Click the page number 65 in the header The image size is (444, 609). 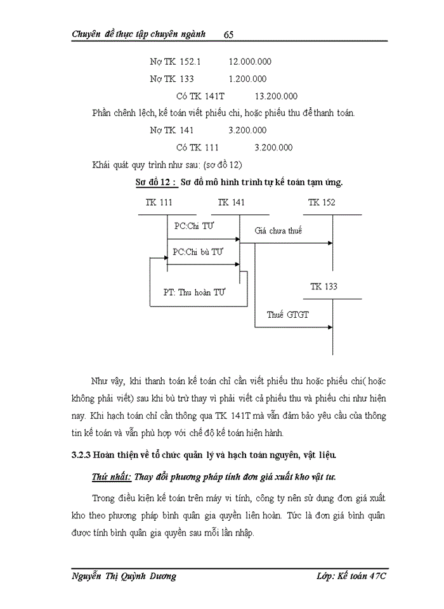230,34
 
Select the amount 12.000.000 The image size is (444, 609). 250,62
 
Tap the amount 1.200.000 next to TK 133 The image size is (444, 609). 247,79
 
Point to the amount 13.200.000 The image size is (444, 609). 276,96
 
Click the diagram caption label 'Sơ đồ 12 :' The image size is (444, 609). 155,183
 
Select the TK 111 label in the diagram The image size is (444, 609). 159,203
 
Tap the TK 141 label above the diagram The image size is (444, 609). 231,203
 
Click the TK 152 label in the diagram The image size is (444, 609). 322,203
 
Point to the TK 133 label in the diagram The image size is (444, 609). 323,287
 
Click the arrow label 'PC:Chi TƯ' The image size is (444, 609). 194,226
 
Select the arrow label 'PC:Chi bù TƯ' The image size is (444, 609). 199,252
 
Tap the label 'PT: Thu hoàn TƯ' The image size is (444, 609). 195,292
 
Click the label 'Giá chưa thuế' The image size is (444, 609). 278,231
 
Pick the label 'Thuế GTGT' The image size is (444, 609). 288,315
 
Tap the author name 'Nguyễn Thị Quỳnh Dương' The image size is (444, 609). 124,576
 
